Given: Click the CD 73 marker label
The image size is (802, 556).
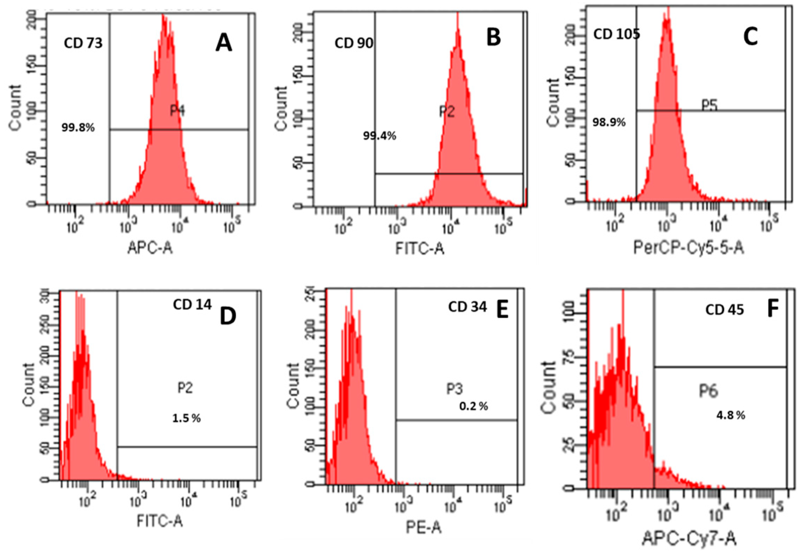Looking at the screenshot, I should (83, 43).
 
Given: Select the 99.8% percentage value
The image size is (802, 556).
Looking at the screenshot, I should (78, 128).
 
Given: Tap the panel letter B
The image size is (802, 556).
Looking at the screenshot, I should (494, 38).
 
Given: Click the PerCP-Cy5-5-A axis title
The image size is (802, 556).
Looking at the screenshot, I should (689, 248).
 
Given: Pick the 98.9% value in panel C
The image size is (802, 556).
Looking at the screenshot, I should (609, 122).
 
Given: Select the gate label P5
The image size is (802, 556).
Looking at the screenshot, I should (709, 105).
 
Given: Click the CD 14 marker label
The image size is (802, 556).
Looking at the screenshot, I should (192, 305).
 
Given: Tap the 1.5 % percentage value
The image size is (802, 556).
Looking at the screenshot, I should (187, 419).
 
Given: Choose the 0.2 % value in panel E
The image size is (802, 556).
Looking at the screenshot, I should (474, 406).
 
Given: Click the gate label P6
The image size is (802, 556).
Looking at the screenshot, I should (709, 392).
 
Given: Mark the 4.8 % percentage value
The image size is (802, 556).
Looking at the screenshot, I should (730, 416).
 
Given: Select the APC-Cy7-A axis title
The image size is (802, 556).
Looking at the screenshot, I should (689, 539).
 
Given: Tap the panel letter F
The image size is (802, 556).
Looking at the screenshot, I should (773, 309).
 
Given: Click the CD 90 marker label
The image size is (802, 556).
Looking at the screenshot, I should (354, 43).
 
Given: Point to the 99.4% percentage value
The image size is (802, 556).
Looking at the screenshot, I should (379, 136).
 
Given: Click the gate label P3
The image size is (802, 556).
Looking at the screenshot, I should (454, 390).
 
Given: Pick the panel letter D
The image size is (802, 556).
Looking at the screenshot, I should (228, 316).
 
